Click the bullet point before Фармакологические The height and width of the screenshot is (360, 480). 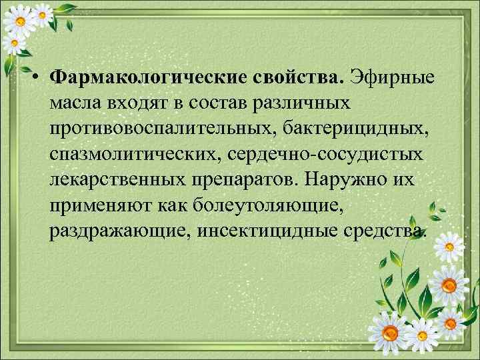point(41,78)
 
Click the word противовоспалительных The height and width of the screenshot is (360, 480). point(169,129)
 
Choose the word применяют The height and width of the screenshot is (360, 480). point(100,205)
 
